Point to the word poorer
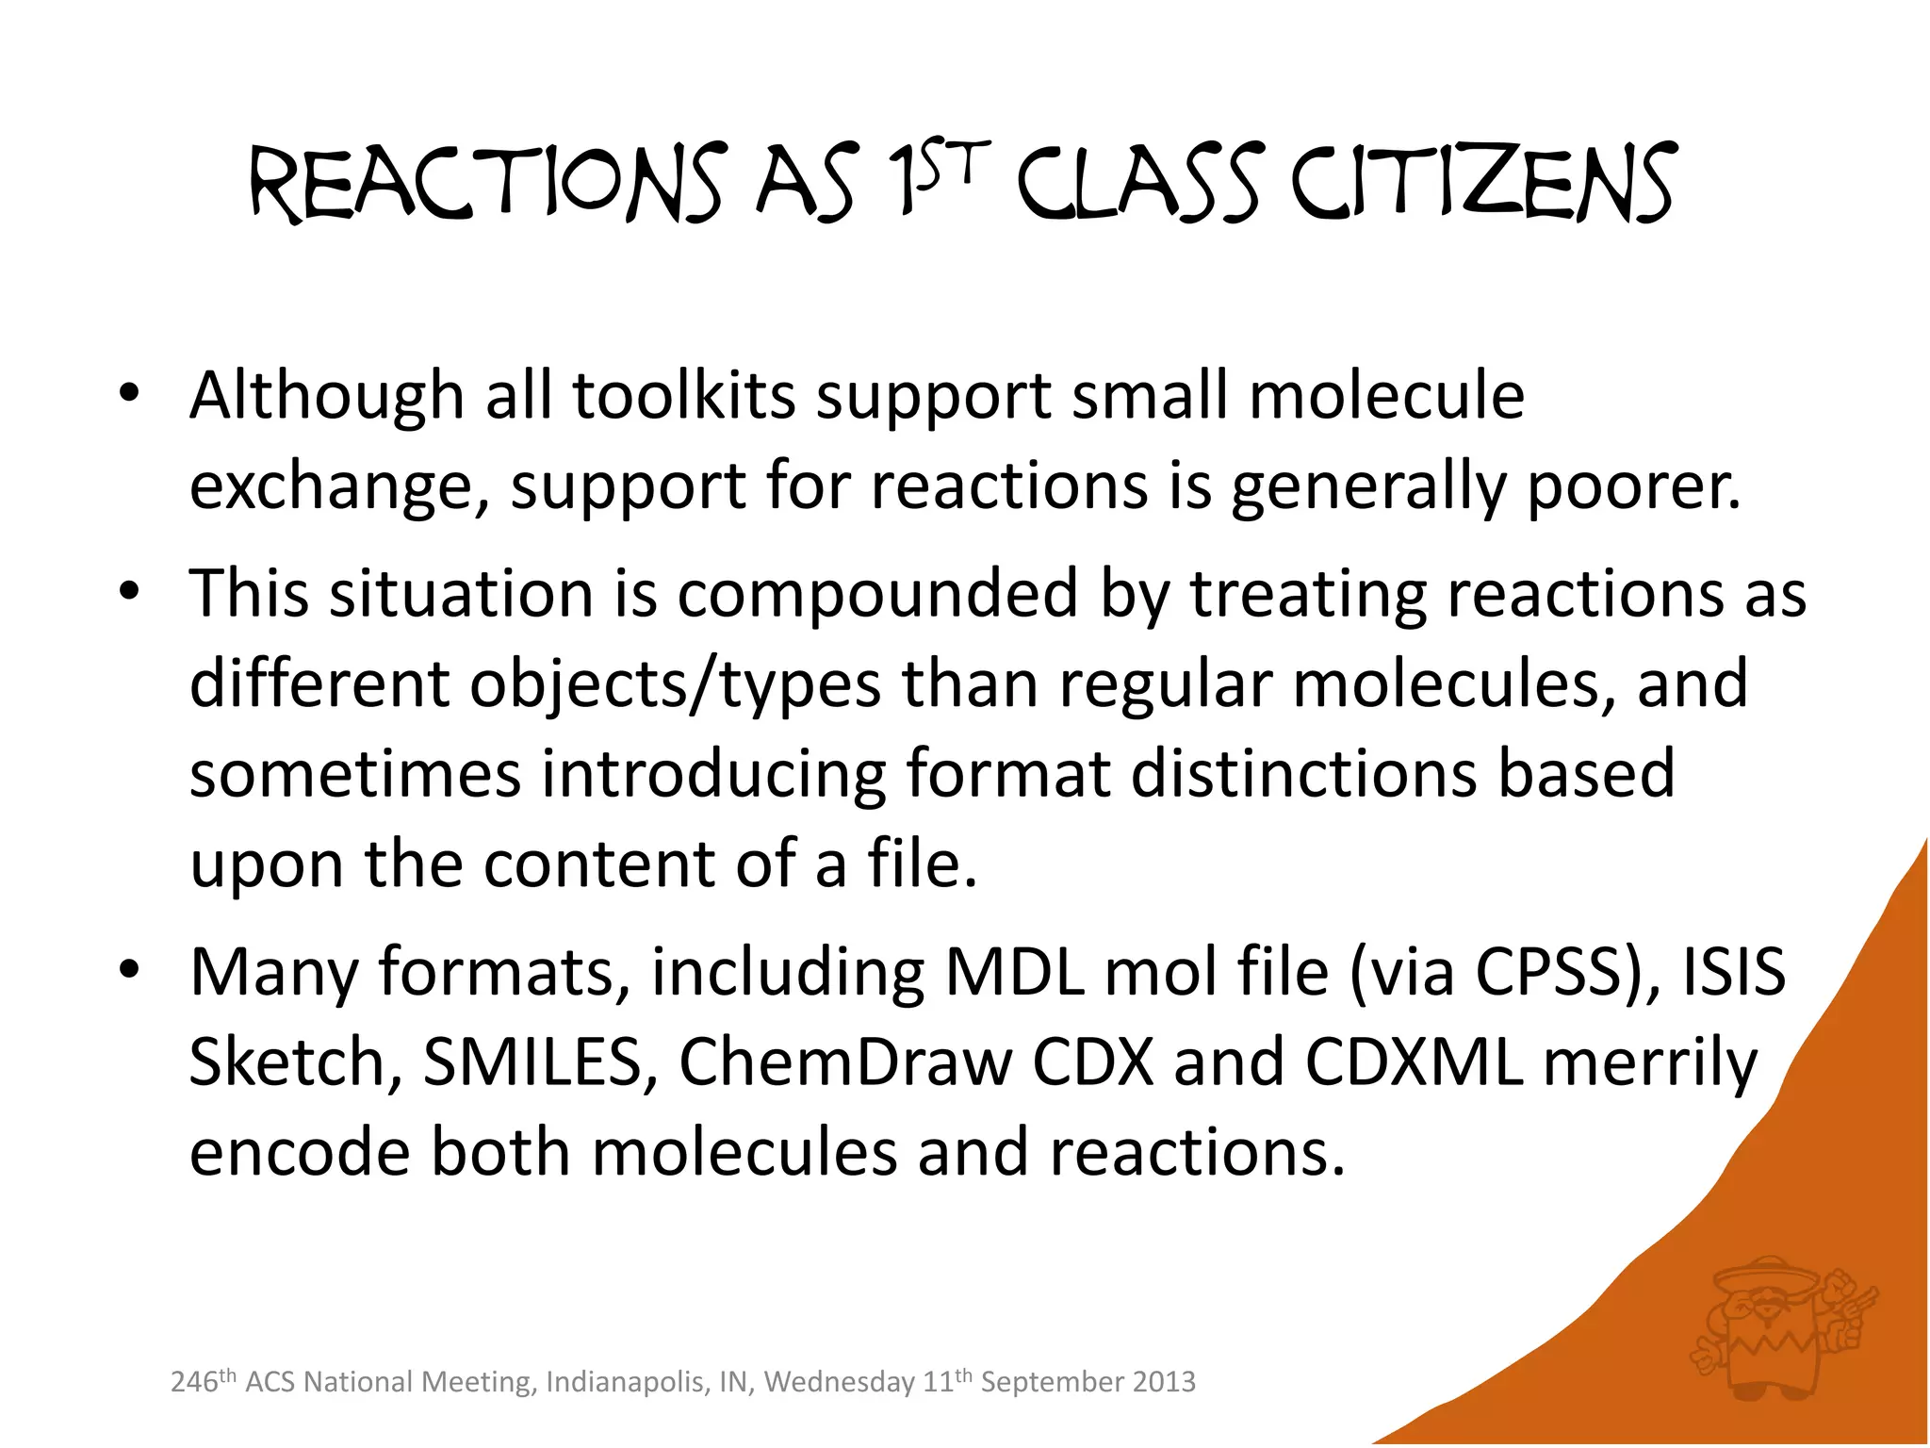tap(1633, 486)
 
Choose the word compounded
tap(877, 594)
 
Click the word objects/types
tap(675, 683)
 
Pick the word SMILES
tap(532, 1062)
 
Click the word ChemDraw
tap(844, 1062)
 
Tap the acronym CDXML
tap(1414, 1062)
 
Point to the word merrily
tap(1649, 1062)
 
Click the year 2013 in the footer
tap(1164, 1382)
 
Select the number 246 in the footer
tap(193, 1383)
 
